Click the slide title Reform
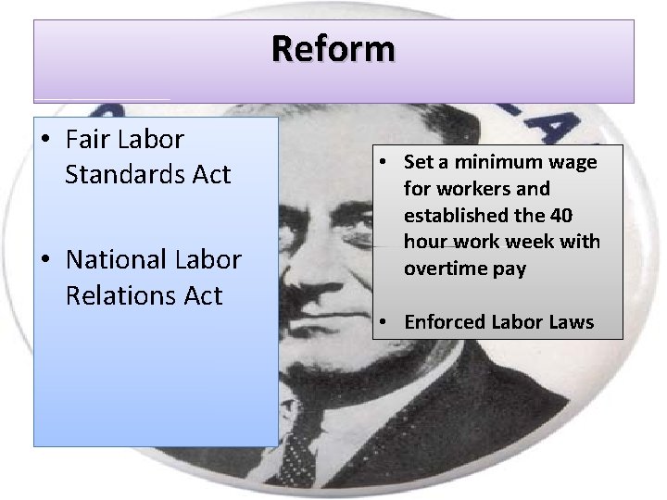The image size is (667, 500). (333, 47)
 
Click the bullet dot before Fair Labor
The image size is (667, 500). (46, 141)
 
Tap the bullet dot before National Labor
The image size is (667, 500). (46, 261)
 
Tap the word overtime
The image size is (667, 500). (444, 269)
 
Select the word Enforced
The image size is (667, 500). (445, 322)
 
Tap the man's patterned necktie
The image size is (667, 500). (299, 454)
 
